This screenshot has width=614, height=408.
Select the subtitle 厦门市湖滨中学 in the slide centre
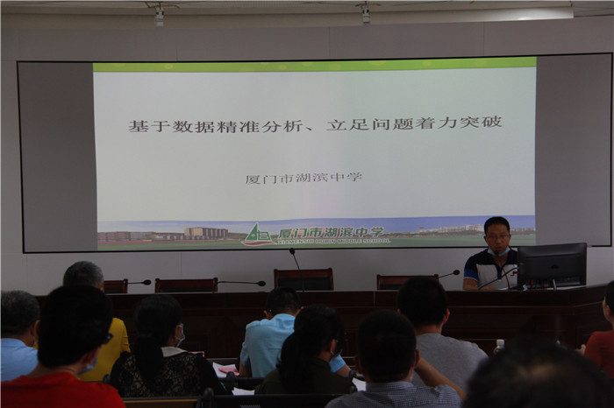tap(303, 178)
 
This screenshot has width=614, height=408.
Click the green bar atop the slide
tap(314, 65)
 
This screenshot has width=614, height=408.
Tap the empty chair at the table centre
tap(303, 279)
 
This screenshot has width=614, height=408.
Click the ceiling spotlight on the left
tap(159, 17)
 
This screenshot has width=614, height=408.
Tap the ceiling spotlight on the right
tap(366, 15)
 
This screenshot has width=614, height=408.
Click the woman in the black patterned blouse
tap(158, 350)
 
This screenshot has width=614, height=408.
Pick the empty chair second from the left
tap(186, 285)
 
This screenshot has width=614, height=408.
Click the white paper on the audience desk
tap(222, 370)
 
